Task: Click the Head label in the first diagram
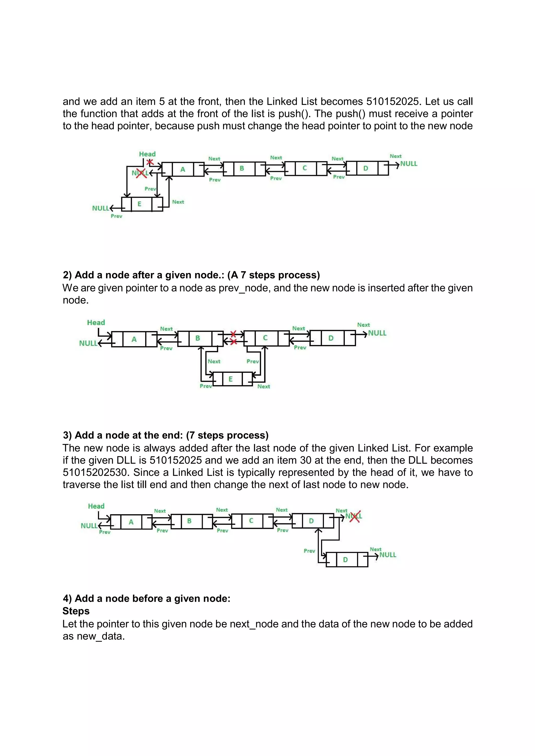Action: (147, 154)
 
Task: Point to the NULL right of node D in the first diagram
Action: (409, 164)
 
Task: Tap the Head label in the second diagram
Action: (96, 323)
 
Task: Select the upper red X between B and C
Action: (233, 334)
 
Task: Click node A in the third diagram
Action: (131, 522)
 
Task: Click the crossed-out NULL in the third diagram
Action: (354, 516)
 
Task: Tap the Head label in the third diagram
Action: (96, 506)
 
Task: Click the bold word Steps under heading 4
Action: (76, 611)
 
